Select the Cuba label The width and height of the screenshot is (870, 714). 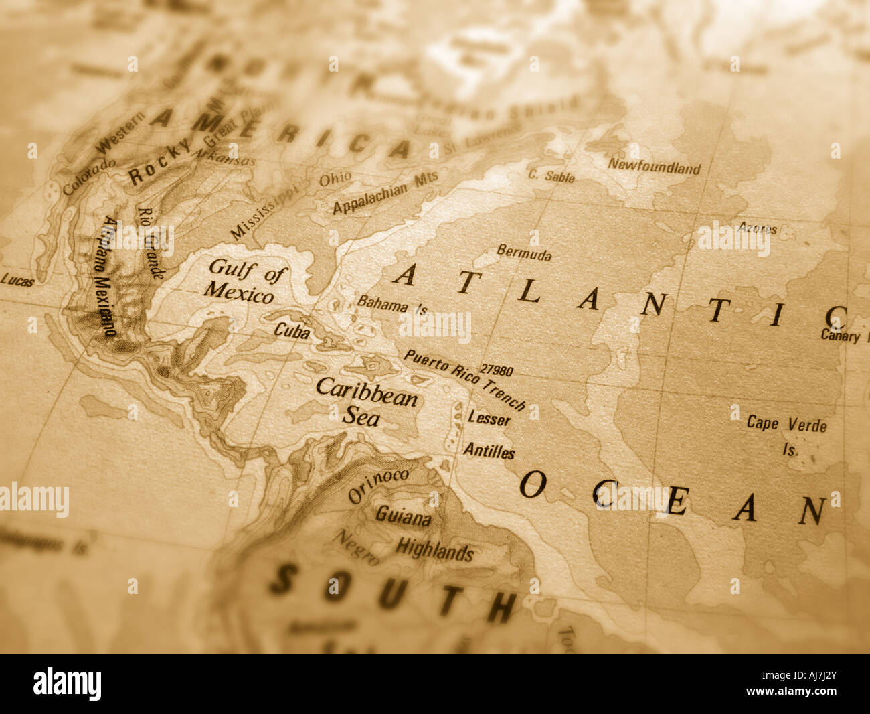pyautogui.click(x=292, y=330)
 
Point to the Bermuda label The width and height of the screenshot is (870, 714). pyautogui.click(x=524, y=253)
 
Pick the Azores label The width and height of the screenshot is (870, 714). pyautogui.click(x=758, y=228)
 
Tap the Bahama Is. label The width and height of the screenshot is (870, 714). pyautogui.click(x=391, y=305)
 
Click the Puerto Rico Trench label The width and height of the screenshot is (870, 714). pyautogui.click(x=464, y=379)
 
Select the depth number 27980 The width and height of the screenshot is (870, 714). pyautogui.click(x=497, y=370)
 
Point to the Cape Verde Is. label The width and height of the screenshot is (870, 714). pyautogui.click(x=787, y=434)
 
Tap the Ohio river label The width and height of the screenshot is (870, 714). pyautogui.click(x=335, y=180)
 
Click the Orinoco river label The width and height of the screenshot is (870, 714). pyautogui.click(x=378, y=485)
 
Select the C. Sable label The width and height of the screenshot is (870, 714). pyautogui.click(x=551, y=176)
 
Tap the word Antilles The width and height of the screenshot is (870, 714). pyautogui.click(x=489, y=451)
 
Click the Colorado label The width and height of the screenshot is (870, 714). pyautogui.click(x=89, y=175)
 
